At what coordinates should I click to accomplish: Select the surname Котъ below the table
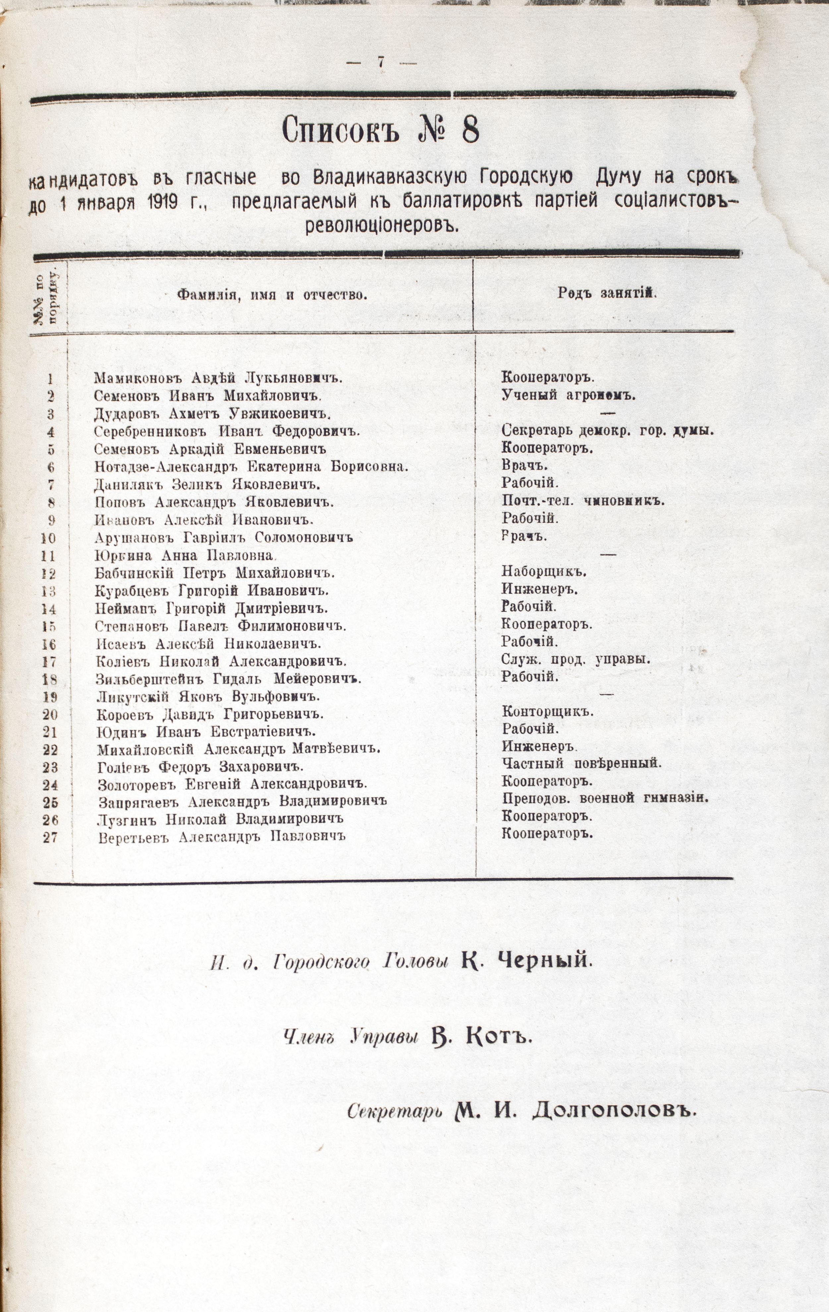click(499, 1037)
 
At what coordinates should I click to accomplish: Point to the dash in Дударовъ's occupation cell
click(607, 413)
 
